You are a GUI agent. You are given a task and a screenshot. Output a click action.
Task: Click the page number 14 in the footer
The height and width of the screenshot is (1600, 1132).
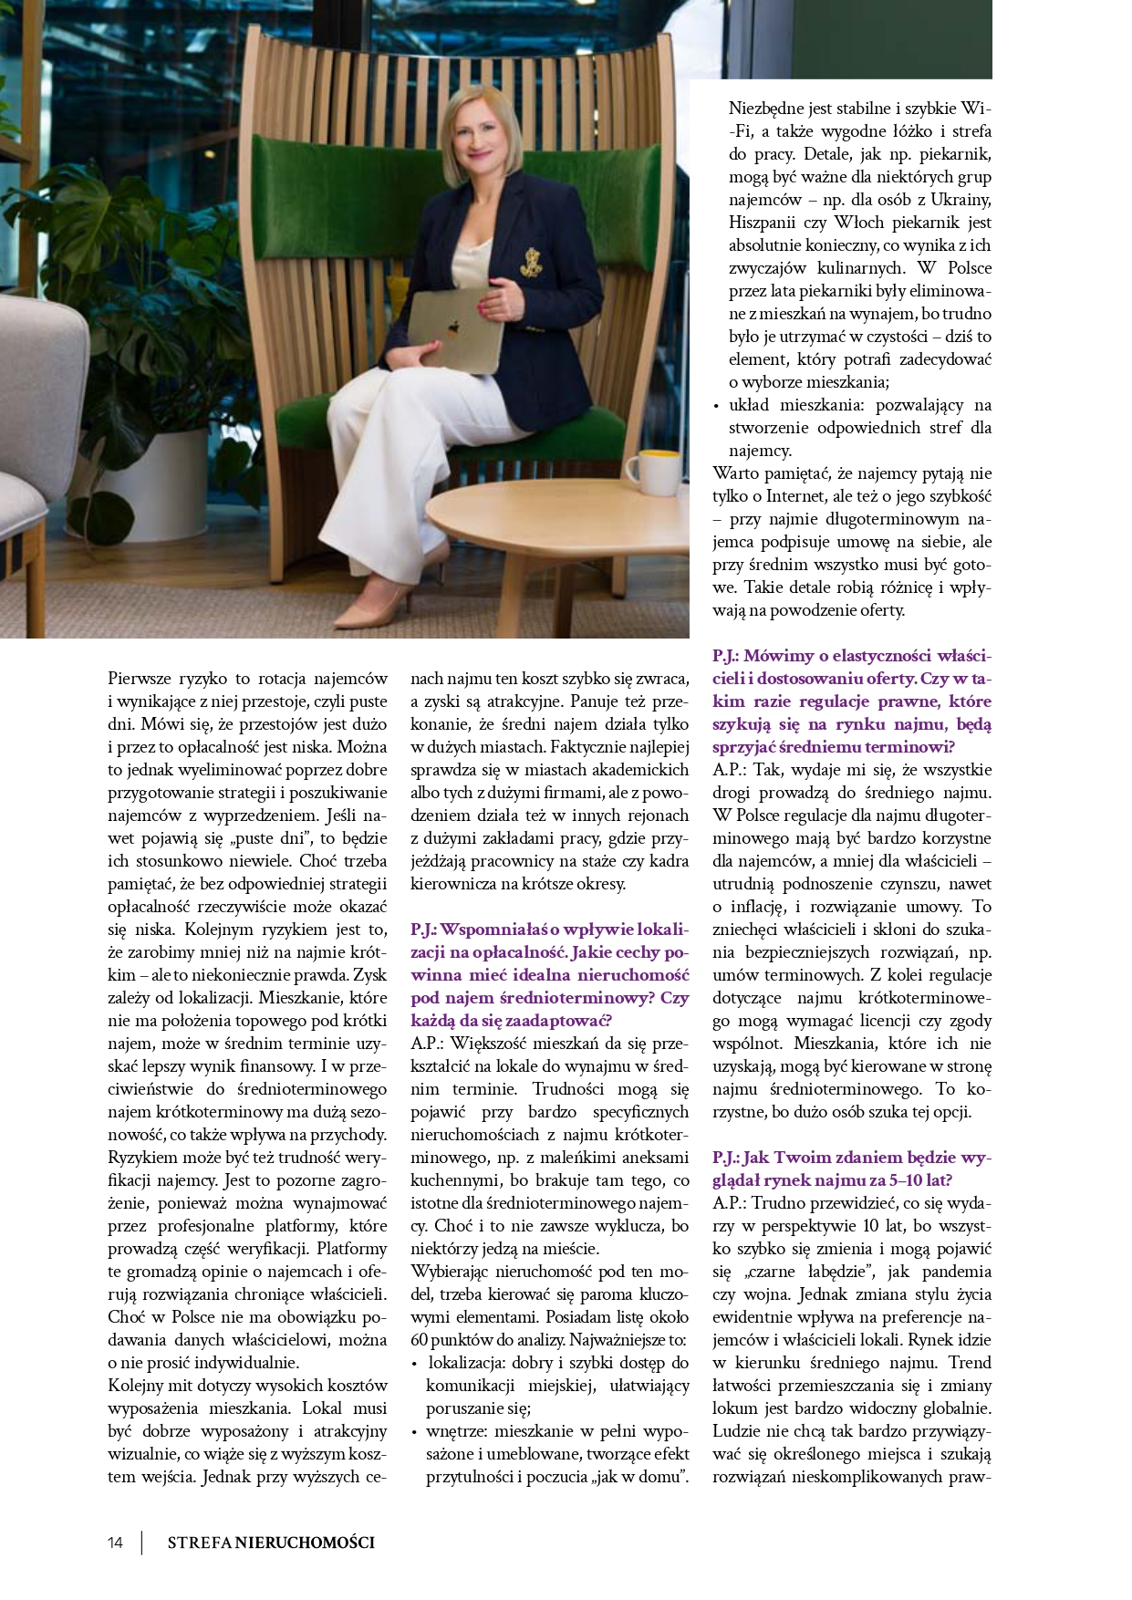tap(115, 1543)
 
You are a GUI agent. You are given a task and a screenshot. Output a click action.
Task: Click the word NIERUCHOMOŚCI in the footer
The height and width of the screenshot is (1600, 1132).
tap(305, 1543)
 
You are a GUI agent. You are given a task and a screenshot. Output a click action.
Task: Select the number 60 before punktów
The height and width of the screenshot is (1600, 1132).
tap(420, 1340)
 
